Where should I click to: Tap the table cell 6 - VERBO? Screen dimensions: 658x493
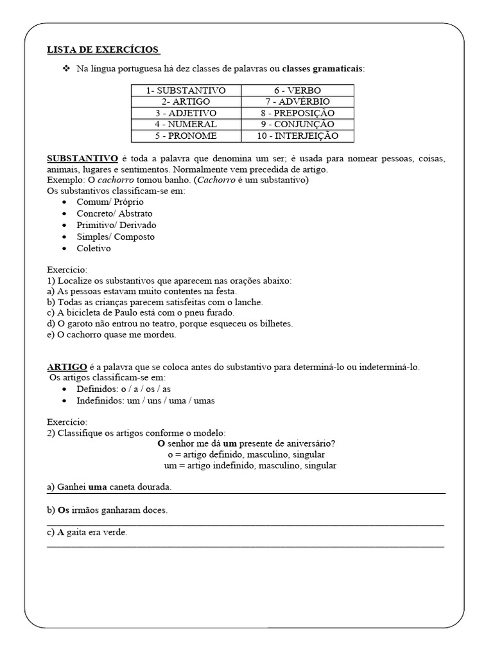tap(297, 91)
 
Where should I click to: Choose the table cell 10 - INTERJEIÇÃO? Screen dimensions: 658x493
tap(297, 136)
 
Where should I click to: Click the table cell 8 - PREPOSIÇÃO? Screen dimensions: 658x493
tap(297, 113)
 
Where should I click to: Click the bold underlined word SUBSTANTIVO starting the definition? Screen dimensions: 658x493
tap(82, 158)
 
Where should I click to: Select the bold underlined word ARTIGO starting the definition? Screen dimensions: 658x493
tap(66, 367)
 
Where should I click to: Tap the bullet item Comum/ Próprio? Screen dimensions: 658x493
tap(110, 202)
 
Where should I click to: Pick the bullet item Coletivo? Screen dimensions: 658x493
tap(94, 248)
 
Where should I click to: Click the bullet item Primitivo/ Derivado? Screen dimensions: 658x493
tap(116, 225)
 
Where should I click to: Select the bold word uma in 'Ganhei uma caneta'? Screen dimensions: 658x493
tap(98, 487)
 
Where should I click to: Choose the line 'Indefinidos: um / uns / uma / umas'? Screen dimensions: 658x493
tap(145, 400)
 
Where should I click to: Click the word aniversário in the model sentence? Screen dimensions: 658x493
tap(310, 443)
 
